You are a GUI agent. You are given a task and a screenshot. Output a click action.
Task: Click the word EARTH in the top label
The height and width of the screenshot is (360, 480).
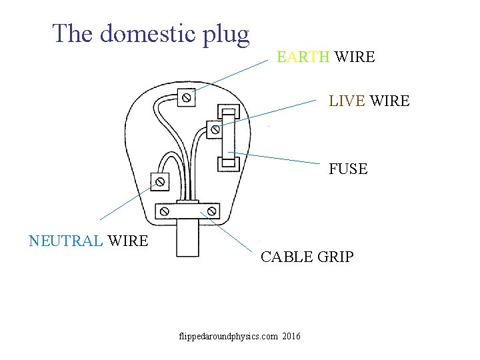(x=303, y=57)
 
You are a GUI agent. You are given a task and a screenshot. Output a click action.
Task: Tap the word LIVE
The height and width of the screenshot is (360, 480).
(x=347, y=101)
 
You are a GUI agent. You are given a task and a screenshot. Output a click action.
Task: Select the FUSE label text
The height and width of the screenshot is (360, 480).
(x=348, y=169)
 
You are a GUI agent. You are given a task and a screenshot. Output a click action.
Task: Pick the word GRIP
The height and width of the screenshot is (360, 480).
(x=333, y=257)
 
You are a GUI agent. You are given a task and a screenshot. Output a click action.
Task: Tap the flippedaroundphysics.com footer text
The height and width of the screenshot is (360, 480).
(x=228, y=336)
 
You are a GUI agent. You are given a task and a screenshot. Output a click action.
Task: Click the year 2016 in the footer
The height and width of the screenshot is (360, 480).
(x=291, y=336)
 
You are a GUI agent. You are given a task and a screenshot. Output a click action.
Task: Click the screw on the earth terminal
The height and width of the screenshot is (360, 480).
(x=187, y=98)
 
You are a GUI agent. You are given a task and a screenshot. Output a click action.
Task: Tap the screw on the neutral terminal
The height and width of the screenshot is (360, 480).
(x=160, y=181)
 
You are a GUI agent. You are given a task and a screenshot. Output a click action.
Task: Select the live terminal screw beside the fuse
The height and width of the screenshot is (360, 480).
(x=214, y=129)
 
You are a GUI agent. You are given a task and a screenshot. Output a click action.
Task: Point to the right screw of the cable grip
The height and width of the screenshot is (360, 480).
(x=211, y=212)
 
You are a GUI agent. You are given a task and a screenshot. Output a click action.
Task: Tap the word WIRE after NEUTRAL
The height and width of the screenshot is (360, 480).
(x=128, y=241)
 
